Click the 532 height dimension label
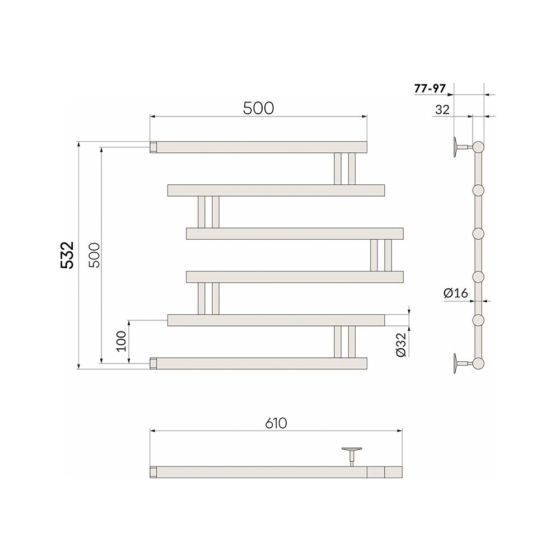point(67,255)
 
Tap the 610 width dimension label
point(276,423)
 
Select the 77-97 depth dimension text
point(430,88)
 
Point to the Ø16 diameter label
point(455,293)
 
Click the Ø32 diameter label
point(401,344)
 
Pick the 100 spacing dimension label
point(122,341)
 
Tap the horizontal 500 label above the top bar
point(259,108)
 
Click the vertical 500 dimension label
point(95,255)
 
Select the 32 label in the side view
point(442,110)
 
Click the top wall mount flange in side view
point(456,147)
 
